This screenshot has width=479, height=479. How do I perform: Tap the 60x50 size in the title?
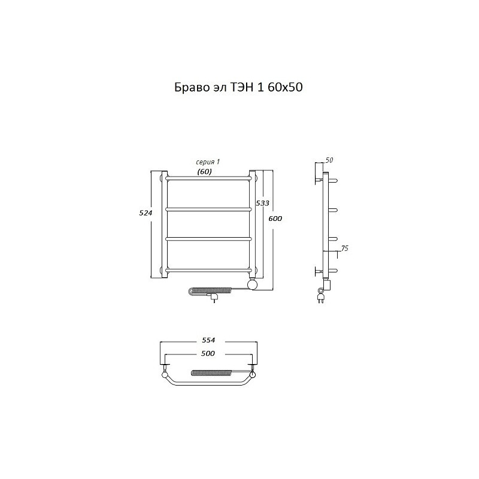[x=286, y=87]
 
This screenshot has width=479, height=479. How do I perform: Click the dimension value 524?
[x=145, y=213]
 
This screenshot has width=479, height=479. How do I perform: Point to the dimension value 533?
[x=262, y=203]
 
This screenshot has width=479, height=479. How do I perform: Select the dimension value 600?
[x=275, y=219]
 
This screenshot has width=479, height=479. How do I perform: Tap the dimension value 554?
[x=208, y=340]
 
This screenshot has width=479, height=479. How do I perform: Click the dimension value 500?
[x=208, y=353]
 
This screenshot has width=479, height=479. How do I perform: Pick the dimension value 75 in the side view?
[x=344, y=248]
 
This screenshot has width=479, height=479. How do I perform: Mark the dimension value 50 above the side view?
[x=329, y=160]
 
